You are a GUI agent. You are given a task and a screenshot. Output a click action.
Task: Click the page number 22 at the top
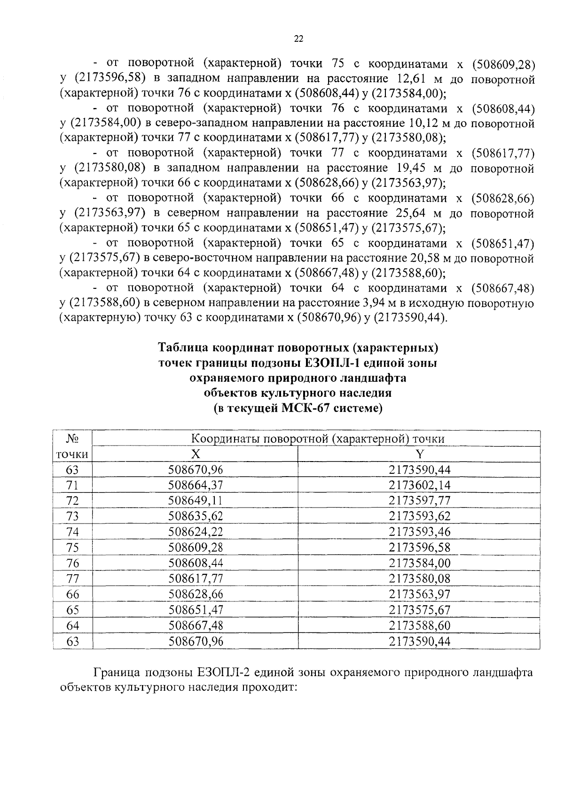(x=298, y=39)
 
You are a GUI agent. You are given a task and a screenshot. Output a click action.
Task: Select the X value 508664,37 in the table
(x=196, y=485)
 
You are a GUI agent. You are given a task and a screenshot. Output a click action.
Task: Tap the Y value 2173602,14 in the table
(x=419, y=485)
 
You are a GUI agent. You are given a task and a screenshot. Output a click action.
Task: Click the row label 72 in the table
(x=73, y=501)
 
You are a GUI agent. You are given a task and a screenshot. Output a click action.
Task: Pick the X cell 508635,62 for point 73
(x=196, y=516)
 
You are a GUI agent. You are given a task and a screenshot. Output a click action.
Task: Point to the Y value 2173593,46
(x=419, y=532)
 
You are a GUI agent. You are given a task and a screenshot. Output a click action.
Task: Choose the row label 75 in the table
(x=73, y=547)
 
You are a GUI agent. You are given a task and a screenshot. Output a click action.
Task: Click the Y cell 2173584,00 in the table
(x=419, y=563)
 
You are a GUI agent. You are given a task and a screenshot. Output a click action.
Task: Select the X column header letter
(x=195, y=454)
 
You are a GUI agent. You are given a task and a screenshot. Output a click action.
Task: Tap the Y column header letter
(x=420, y=454)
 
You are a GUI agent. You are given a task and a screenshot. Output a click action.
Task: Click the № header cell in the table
(x=72, y=439)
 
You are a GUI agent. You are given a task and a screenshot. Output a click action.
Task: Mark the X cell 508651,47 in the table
(x=196, y=610)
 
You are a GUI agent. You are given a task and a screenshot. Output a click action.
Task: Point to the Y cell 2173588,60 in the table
(x=419, y=625)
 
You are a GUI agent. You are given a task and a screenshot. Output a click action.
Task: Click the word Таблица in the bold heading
(x=183, y=348)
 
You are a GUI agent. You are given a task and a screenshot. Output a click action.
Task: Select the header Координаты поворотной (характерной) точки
(x=318, y=439)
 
